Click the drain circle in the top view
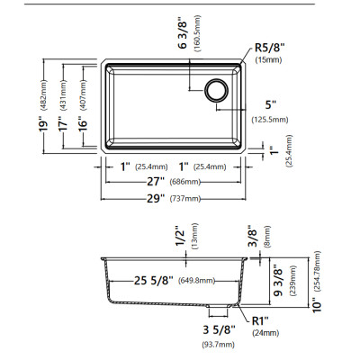217,90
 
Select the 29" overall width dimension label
156,199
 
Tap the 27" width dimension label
156,182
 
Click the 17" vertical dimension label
64,124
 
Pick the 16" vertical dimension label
84,123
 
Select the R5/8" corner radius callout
269,48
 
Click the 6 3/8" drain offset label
183,34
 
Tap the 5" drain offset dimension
270,104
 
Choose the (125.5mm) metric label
270,120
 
